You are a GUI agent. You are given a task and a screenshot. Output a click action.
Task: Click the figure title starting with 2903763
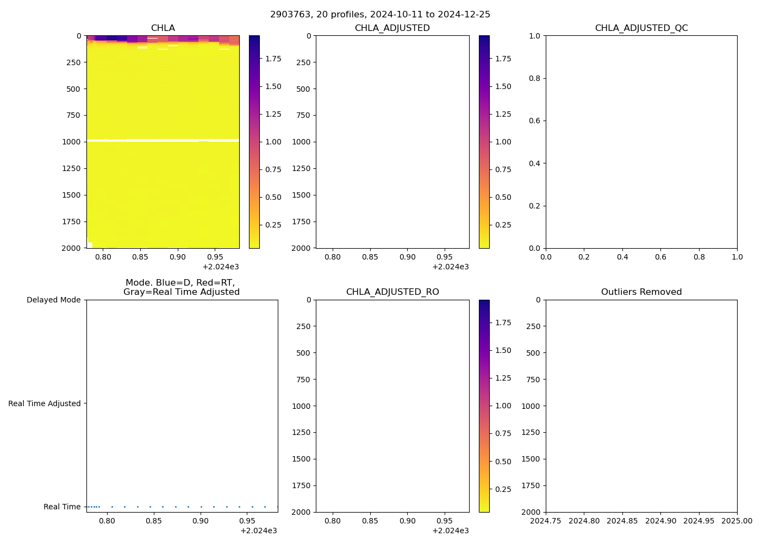(x=380, y=14)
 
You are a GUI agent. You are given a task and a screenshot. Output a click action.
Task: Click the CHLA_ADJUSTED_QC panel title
(x=641, y=28)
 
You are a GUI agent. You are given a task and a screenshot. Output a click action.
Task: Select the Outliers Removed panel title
(x=641, y=292)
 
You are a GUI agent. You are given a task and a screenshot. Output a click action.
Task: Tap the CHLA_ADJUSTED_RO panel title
(x=392, y=292)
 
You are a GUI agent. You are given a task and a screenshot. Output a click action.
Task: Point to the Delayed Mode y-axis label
(x=53, y=300)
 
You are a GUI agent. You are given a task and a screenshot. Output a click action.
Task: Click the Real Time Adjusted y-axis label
(x=44, y=403)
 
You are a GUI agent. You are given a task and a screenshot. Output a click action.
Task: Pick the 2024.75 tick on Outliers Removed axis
(x=546, y=521)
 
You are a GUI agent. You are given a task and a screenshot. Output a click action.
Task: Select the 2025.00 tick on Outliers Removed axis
(x=737, y=521)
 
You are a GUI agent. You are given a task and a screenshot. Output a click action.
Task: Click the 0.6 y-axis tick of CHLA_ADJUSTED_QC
(x=535, y=121)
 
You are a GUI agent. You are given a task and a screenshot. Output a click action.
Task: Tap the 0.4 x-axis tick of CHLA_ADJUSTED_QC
(x=622, y=257)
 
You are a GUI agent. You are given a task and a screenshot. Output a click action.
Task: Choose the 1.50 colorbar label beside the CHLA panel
(x=273, y=86)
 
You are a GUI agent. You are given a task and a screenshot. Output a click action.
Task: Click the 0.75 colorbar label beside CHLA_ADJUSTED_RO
(x=503, y=433)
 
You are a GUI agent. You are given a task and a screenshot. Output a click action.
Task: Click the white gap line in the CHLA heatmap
(x=163, y=141)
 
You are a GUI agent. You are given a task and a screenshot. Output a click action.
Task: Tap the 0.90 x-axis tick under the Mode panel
(x=201, y=521)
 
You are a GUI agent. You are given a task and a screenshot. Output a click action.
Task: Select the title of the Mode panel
(x=182, y=287)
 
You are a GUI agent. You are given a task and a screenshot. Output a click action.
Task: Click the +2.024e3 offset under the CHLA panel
(x=221, y=267)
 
